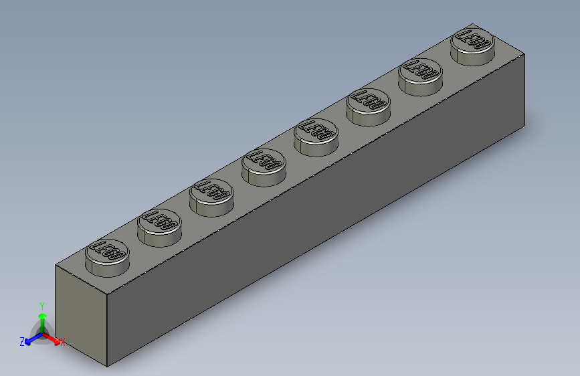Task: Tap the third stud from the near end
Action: pyautogui.click(x=211, y=195)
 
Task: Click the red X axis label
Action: pyautogui.click(x=63, y=343)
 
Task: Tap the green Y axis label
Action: pyautogui.click(x=41, y=304)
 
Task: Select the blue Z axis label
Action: pyautogui.click(x=22, y=342)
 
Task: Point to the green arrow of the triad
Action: pyautogui.click(x=41, y=319)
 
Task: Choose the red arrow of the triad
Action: pyautogui.click(x=54, y=339)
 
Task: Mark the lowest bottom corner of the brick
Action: pyautogui.click(x=108, y=367)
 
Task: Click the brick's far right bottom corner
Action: pyautogui.click(x=526, y=124)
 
